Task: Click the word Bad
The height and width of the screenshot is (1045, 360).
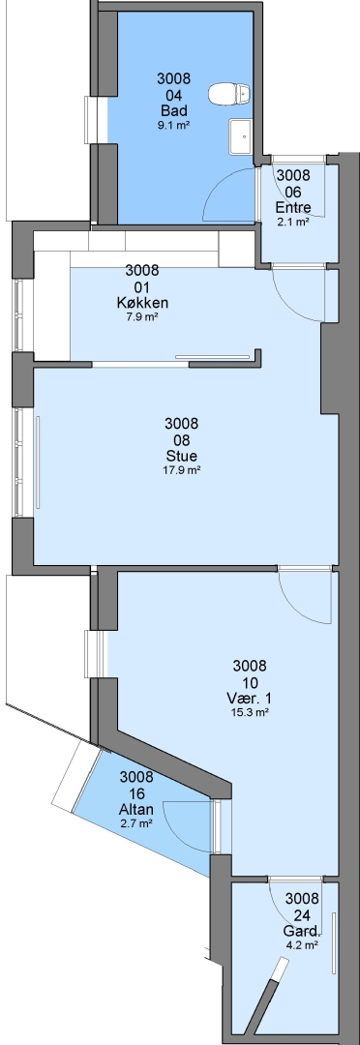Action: tap(173, 110)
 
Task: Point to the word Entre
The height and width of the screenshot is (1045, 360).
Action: tap(293, 207)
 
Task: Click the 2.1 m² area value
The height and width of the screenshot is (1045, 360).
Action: tap(293, 222)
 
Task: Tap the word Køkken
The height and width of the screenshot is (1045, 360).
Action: tap(142, 303)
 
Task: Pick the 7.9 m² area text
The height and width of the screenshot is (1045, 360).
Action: tap(142, 317)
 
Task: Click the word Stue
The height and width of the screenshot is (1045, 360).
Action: tap(182, 457)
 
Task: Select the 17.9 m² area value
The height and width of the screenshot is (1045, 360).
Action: tap(182, 470)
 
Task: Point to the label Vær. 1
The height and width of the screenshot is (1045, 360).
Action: tap(250, 699)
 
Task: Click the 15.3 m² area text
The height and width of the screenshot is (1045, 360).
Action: tap(250, 712)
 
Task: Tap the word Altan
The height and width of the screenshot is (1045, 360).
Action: tap(136, 810)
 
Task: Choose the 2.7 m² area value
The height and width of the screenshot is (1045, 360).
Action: tap(136, 823)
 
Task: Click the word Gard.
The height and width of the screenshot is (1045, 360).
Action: tap(302, 931)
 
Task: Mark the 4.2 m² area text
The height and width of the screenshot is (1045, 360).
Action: tap(302, 945)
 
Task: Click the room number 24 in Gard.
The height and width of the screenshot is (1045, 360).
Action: tap(302, 915)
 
